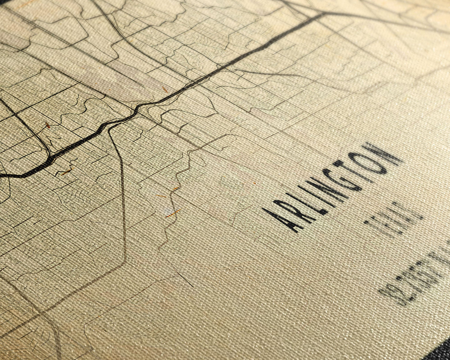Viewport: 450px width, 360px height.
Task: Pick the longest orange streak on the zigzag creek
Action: tap(173, 213)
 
